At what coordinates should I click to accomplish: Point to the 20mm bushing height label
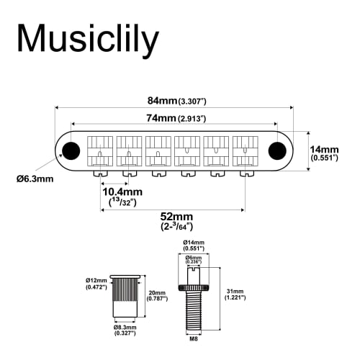(158, 296)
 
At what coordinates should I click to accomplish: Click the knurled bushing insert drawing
(125, 296)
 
